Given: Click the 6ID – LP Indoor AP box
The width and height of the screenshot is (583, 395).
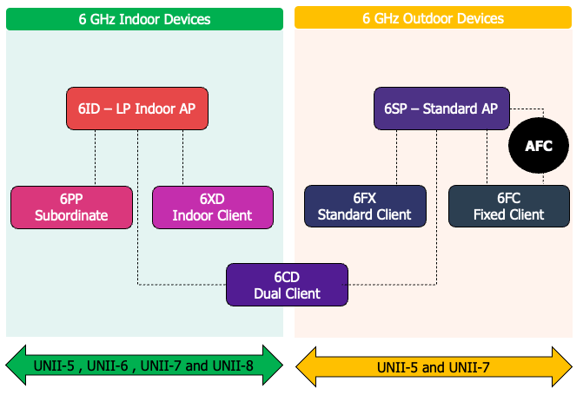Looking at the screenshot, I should (x=137, y=109).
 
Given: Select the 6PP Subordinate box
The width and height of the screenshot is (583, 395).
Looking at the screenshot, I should (x=71, y=207).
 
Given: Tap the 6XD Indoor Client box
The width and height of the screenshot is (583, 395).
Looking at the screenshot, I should (x=213, y=207).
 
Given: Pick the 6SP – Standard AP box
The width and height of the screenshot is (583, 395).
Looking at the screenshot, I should (x=441, y=109).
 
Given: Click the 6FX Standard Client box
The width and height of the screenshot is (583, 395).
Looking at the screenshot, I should (x=365, y=207).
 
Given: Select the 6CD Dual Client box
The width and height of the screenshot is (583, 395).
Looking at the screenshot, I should (x=287, y=285).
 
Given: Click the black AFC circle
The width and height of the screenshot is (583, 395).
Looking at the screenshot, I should (x=539, y=146).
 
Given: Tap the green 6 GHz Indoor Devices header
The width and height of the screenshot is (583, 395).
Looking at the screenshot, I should (x=144, y=19).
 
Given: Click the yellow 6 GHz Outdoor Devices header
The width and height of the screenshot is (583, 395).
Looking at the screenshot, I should (x=432, y=19).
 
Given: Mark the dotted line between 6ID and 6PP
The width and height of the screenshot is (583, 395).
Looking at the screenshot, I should (x=95, y=158).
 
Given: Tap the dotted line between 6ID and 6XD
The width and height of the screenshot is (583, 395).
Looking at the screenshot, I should (x=182, y=158).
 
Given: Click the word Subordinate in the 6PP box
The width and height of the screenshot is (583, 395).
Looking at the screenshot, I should (x=71, y=215).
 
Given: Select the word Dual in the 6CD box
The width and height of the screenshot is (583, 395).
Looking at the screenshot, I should (x=269, y=293).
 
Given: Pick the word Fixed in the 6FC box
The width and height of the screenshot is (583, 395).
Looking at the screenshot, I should (x=491, y=215).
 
